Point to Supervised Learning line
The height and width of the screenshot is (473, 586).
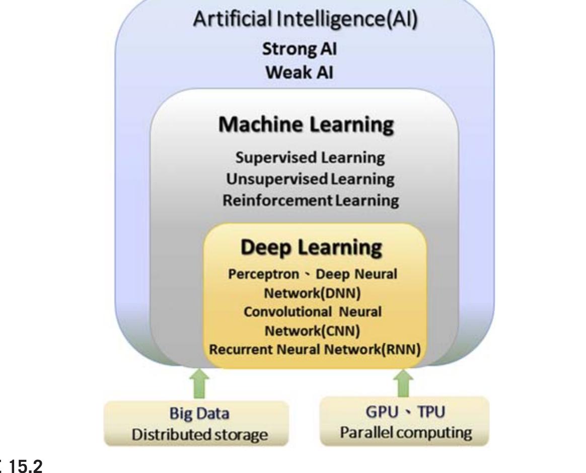pos(310,157)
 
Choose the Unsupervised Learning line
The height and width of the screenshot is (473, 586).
pos(310,179)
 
